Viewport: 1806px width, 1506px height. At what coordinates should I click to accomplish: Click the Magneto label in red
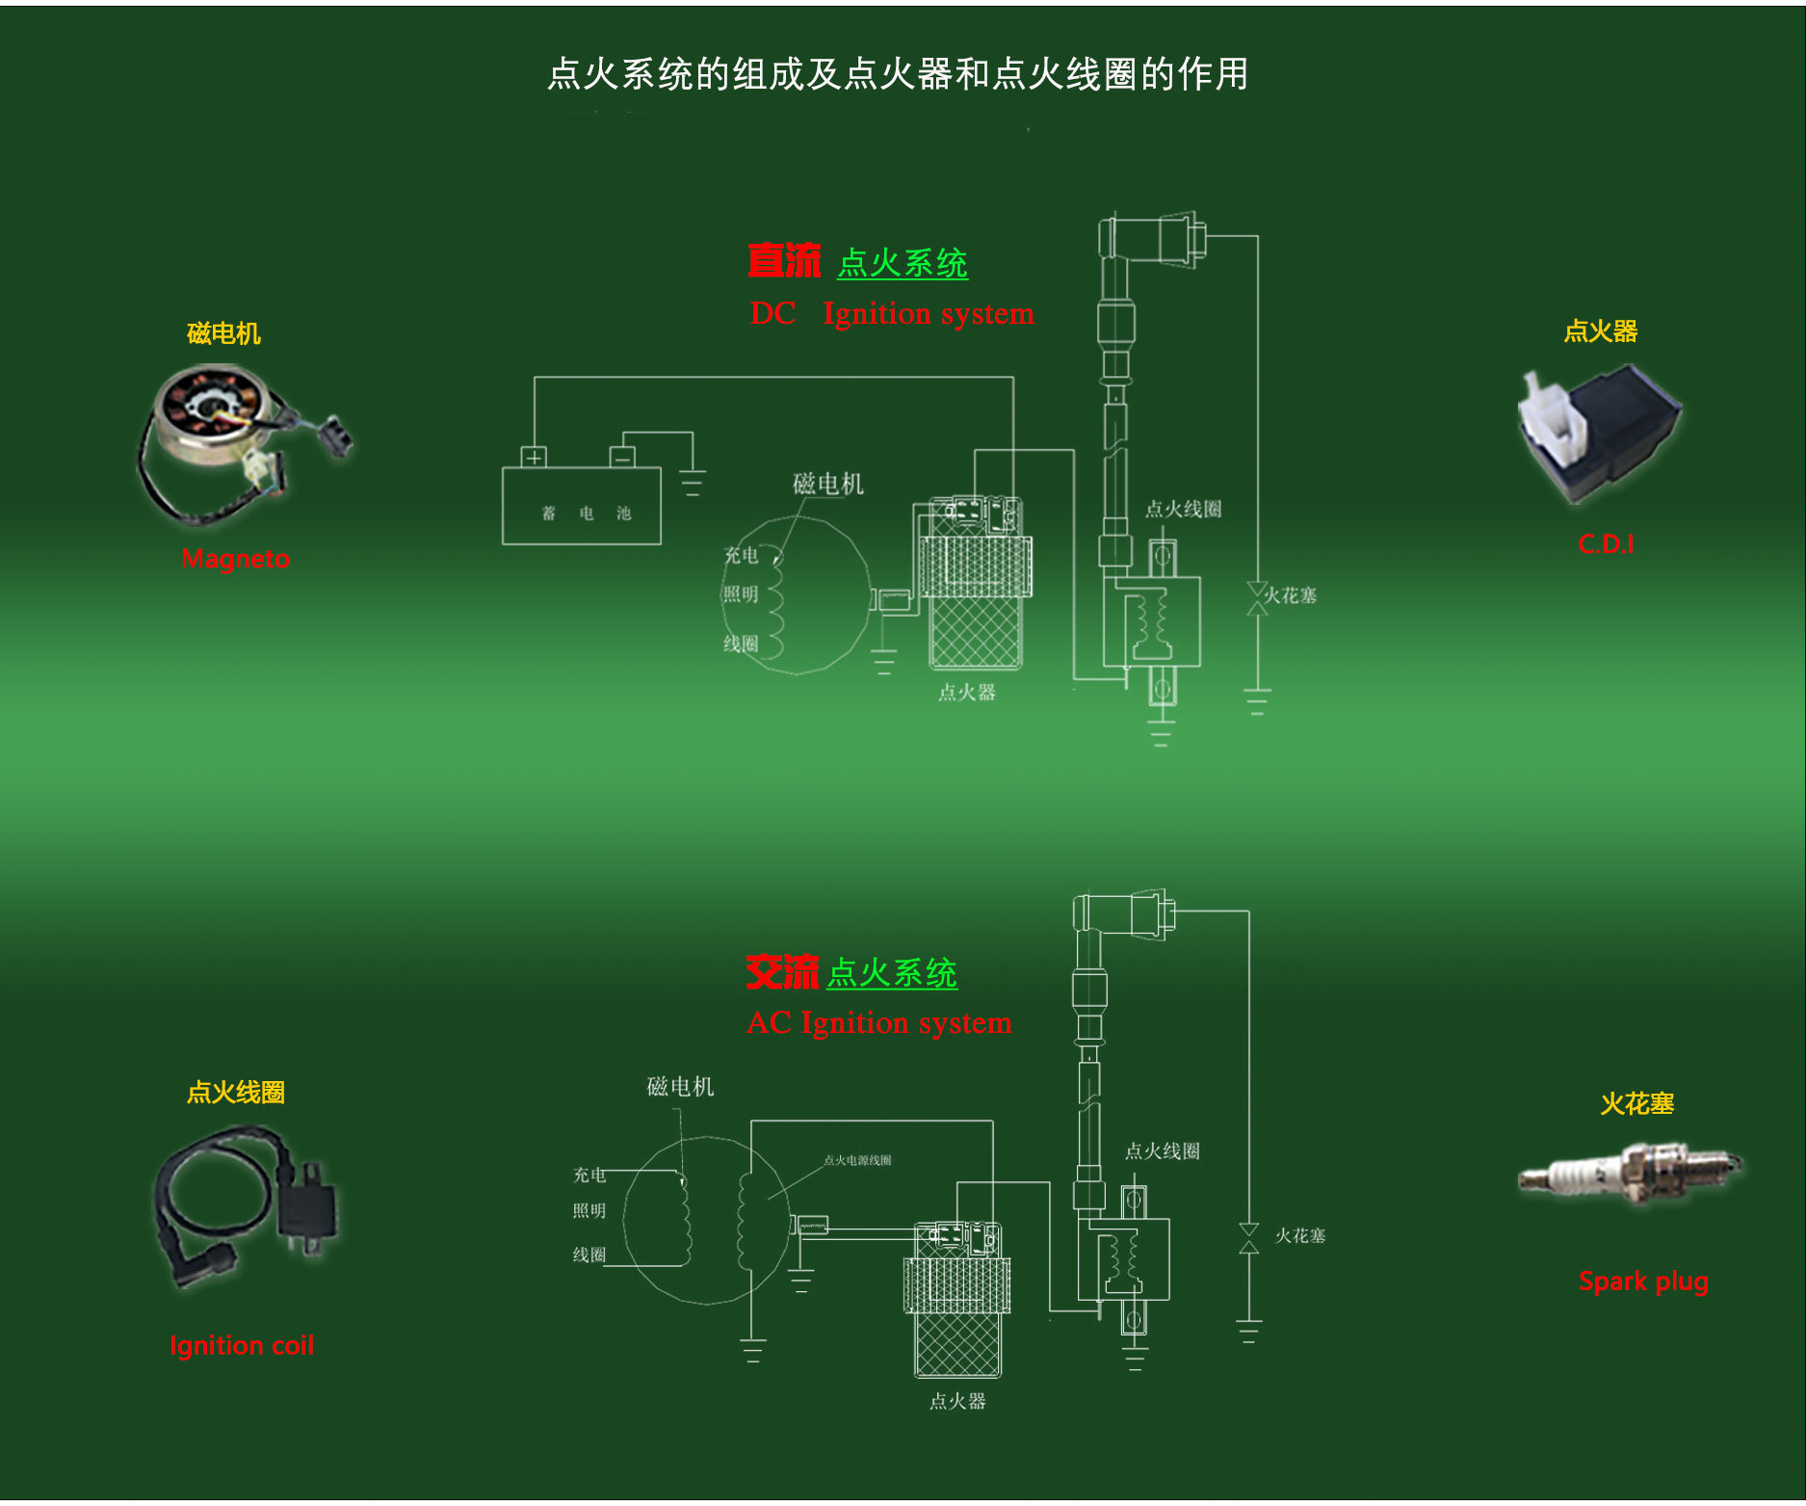click(x=235, y=559)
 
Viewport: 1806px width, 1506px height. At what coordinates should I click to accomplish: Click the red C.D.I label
click(x=1606, y=544)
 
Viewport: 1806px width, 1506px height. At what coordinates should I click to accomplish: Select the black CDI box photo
click(x=1600, y=434)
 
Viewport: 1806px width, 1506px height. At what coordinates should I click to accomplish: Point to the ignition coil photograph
click(x=247, y=1203)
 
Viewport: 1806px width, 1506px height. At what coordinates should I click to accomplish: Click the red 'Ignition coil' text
click(x=242, y=1345)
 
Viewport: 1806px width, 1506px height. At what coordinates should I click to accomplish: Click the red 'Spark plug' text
click(x=1643, y=1281)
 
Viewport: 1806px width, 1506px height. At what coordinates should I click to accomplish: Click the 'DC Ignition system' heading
click(x=892, y=313)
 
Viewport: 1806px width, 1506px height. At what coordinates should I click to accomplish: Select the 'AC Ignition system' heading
click(x=879, y=1022)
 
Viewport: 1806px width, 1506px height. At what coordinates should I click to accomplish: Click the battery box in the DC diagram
click(x=582, y=507)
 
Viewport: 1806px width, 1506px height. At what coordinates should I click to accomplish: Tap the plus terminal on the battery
click(x=534, y=457)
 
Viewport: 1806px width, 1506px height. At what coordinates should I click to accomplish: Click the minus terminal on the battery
click(x=622, y=457)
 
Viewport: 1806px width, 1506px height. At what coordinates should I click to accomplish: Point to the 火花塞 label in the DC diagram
click(x=1291, y=595)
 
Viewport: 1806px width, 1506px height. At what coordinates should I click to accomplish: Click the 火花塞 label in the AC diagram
click(x=1300, y=1235)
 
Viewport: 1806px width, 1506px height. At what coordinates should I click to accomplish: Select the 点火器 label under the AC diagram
click(x=957, y=1401)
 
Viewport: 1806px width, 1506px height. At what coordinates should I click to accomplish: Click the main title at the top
click(x=898, y=74)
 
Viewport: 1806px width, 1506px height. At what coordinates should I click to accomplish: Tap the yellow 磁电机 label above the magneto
click(x=223, y=333)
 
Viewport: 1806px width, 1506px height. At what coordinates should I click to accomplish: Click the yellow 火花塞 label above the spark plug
click(x=1637, y=1103)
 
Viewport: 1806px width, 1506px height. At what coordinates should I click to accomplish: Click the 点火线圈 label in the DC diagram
click(x=1183, y=509)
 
